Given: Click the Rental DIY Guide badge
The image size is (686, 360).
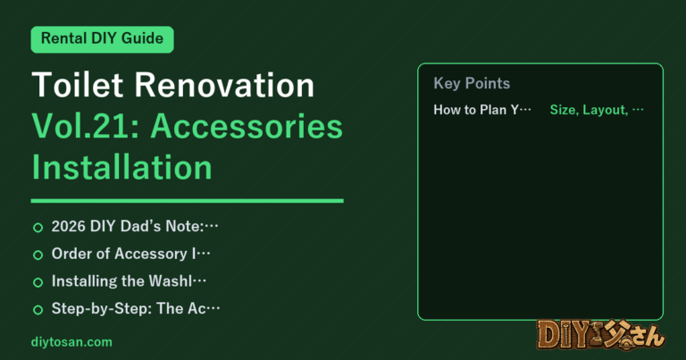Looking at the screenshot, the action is tap(103, 39).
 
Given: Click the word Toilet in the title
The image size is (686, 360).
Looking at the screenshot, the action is tap(78, 85).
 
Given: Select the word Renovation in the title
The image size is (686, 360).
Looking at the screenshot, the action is tap(224, 85).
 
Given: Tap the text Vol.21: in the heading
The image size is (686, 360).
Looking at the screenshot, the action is tap(86, 127).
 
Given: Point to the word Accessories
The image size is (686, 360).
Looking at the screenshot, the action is tap(247, 127).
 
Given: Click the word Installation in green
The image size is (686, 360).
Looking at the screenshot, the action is tap(122, 167).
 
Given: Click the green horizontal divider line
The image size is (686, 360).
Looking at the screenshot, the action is tap(188, 201).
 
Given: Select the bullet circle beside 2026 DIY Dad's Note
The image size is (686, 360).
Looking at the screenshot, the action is tap(38, 228).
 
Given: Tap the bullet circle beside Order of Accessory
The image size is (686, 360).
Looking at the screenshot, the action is tap(38, 255).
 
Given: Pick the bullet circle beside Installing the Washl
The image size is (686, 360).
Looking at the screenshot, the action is tap(38, 282).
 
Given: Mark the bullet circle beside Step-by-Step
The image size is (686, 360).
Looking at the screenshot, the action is tap(38, 310).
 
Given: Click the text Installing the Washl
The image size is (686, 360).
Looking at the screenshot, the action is tap(121, 280).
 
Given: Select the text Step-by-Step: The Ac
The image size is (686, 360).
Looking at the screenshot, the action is tap(129, 308).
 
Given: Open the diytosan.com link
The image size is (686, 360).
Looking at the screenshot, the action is tap(71, 342).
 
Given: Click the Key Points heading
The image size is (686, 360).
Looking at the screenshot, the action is tap(472, 83).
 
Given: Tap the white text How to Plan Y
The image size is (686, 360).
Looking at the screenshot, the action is tap(476, 109).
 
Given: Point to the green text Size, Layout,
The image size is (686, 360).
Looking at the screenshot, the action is tap(589, 110).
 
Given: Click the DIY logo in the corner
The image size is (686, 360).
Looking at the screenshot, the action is tap(601, 335).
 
